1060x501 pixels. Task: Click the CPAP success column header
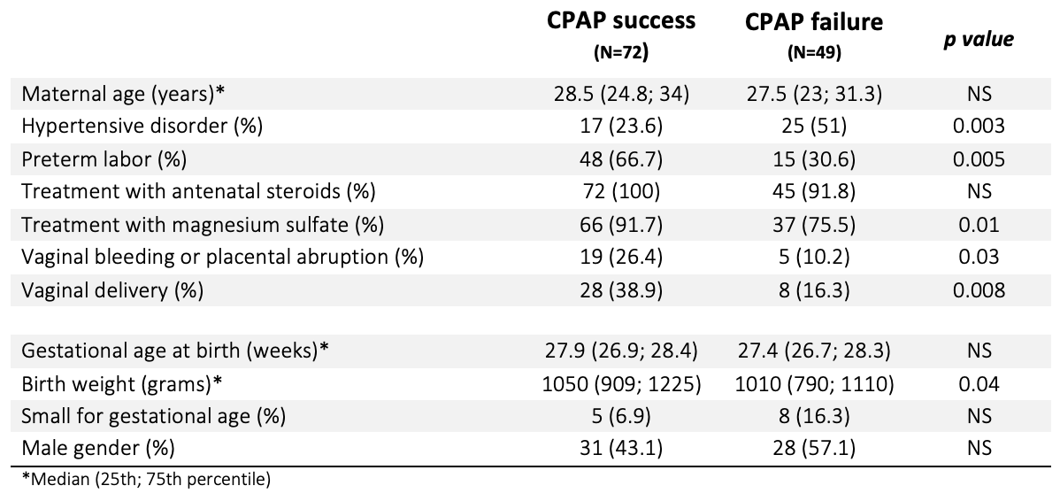tap(620, 20)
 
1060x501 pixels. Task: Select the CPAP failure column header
tap(814, 21)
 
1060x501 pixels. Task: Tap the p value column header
tap(979, 39)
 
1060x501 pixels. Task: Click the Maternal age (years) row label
tap(122, 94)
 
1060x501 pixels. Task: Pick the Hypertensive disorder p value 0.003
tap(979, 127)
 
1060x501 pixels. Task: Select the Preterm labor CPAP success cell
tap(620, 159)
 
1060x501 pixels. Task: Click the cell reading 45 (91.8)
tap(814, 192)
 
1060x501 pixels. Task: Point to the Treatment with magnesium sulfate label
tap(203, 225)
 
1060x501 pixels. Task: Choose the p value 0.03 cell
tap(979, 257)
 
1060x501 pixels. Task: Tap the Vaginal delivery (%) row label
tap(112, 290)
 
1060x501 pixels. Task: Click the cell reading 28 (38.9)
tap(620, 290)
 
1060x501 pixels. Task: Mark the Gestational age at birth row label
tap(175, 351)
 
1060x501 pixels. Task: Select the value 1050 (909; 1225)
tap(620, 385)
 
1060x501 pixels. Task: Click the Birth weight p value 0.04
tap(979, 384)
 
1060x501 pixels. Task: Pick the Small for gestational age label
tap(153, 417)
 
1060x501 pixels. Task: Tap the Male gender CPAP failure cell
tap(814, 448)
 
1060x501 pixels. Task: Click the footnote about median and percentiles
tap(146, 480)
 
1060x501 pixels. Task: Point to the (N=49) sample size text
tap(814, 53)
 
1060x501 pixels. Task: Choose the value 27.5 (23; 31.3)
tap(814, 94)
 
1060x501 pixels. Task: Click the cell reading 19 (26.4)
tap(620, 258)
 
